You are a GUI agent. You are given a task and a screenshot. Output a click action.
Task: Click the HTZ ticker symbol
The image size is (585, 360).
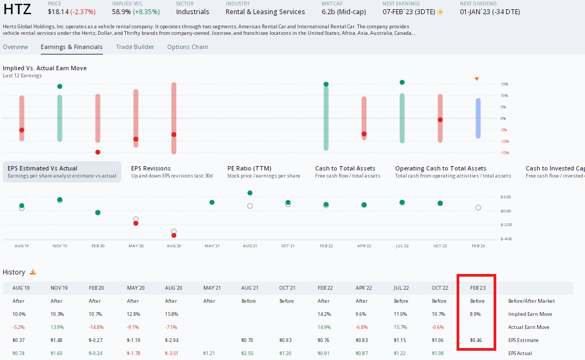coord(17,9)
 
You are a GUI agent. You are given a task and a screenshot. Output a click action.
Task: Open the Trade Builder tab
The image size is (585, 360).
coord(135,47)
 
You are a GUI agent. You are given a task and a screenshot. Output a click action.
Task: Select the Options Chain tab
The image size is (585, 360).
coord(187,47)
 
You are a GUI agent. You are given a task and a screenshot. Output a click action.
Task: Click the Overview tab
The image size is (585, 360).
coord(15,47)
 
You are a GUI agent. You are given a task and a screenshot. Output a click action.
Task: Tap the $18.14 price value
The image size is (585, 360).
coord(58,11)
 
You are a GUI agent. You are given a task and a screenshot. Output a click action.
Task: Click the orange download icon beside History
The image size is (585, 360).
coord(33,272)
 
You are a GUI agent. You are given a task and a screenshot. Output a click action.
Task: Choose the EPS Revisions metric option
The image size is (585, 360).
coord(151,168)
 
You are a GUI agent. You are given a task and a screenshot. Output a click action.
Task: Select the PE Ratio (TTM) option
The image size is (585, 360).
coord(249,168)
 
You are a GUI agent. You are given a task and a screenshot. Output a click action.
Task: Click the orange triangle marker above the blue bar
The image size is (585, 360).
coord(477,80)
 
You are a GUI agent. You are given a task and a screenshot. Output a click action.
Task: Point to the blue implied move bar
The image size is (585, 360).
coord(478,118)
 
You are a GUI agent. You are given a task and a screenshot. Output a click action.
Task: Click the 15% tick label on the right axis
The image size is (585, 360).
coord(504,84)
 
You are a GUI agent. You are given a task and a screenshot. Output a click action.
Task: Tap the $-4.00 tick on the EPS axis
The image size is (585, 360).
coord(506,239)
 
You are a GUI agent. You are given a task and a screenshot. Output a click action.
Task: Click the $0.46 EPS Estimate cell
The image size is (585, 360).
coord(478,340)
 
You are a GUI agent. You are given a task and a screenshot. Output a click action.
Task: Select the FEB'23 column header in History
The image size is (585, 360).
coord(477,288)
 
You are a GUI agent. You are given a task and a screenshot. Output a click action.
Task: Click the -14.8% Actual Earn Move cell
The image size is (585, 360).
coord(96,327)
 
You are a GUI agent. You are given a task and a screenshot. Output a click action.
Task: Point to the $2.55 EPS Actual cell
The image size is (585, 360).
coord(248,353)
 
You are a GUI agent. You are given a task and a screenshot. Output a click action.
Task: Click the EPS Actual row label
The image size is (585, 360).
coord(521,353)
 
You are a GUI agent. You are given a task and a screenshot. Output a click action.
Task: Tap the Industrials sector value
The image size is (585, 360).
coord(193,11)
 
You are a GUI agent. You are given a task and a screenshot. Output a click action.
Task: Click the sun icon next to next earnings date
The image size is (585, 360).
coord(440,11)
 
